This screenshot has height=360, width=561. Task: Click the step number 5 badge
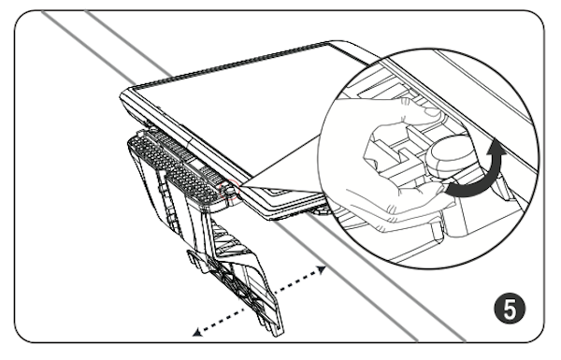tap(510, 309)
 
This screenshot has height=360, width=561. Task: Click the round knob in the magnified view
tap(451, 155)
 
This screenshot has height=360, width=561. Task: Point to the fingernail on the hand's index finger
tap(432, 112)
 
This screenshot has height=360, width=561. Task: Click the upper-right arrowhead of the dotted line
tap(321, 269)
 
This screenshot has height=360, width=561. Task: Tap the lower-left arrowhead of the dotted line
tap(197, 333)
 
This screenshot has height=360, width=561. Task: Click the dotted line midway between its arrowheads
tap(259, 301)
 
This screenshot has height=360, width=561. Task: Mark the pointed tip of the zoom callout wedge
tap(241, 185)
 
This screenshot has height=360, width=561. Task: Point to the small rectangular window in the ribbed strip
tap(196, 166)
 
